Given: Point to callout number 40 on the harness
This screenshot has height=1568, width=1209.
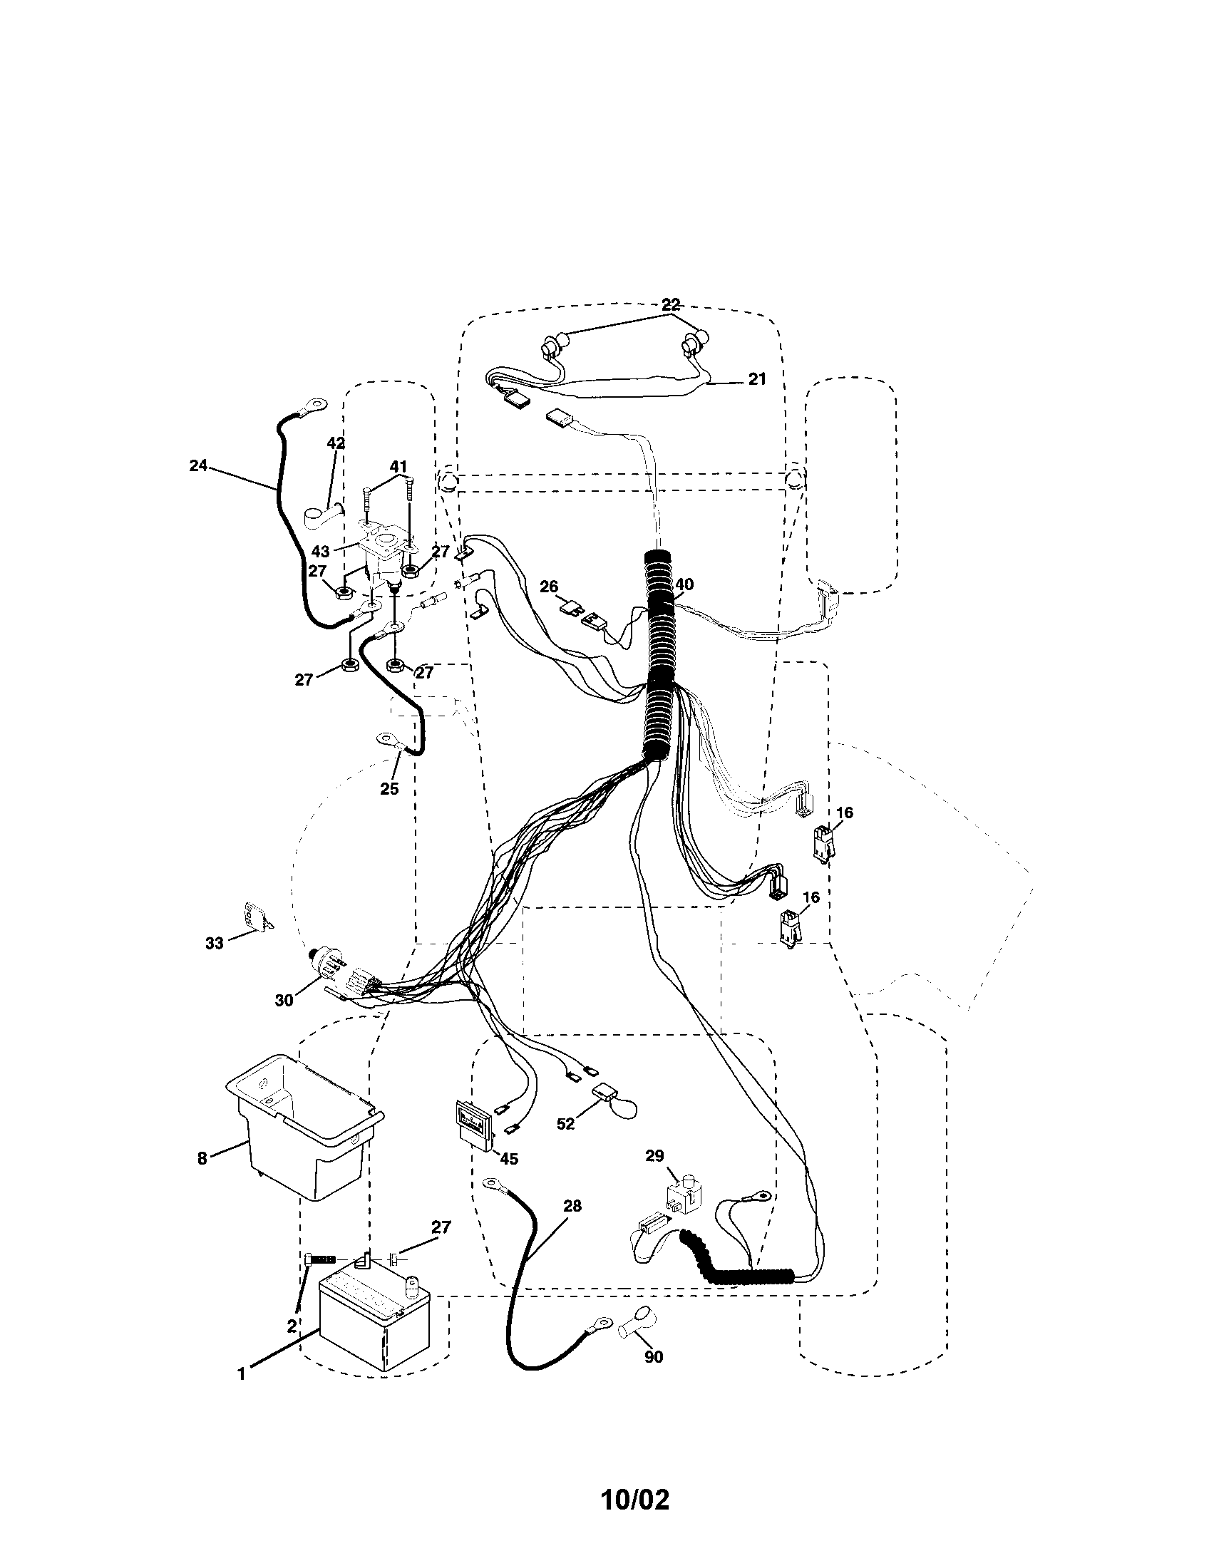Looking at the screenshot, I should pyautogui.click(x=684, y=585).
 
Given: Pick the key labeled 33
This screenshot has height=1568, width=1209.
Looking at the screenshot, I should pyautogui.click(x=254, y=917).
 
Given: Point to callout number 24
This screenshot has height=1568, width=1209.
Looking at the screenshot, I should pyautogui.click(x=198, y=466).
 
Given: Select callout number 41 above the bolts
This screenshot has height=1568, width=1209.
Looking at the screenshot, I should pyautogui.click(x=398, y=468).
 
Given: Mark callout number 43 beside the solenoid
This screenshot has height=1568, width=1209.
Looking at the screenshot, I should pyautogui.click(x=321, y=552).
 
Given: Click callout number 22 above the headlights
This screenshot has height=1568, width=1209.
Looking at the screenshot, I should pyautogui.click(x=672, y=304).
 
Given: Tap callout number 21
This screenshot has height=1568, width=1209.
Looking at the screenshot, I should pyautogui.click(x=758, y=379).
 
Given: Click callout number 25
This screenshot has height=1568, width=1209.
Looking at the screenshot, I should pyautogui.click(x=389, y=788).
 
